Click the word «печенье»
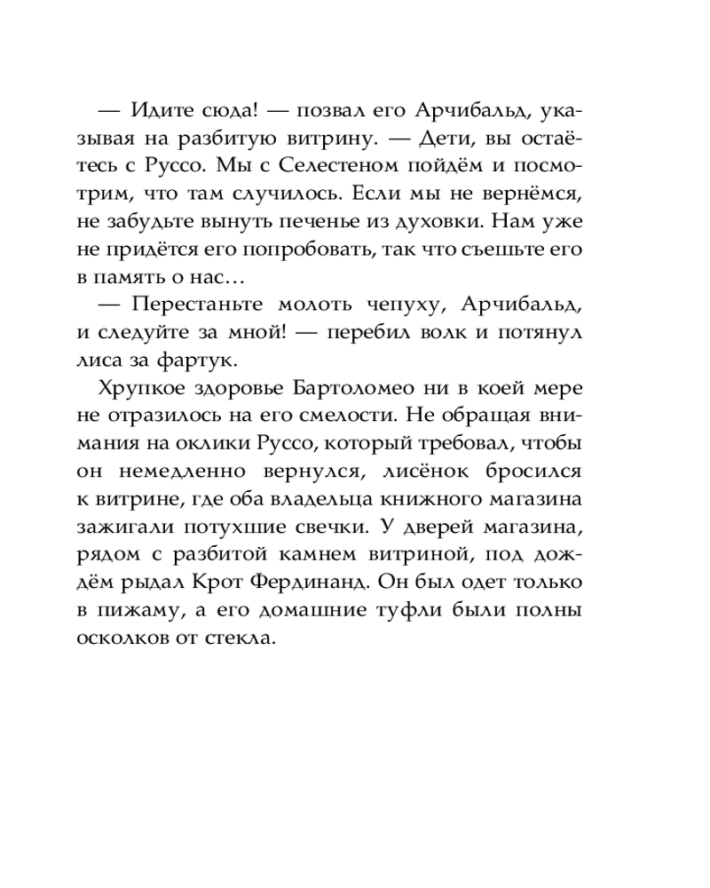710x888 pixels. (x=315, y=220)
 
